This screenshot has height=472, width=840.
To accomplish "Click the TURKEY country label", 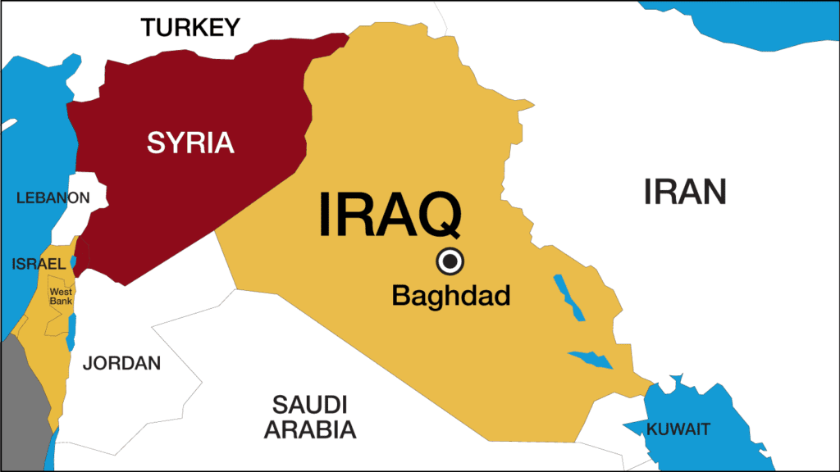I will (189, 28).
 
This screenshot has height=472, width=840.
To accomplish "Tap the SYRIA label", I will (190, 143).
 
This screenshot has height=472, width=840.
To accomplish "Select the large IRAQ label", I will (389, 214).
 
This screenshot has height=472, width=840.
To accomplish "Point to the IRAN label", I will (685, 192).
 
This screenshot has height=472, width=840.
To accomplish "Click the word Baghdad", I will (450, 295).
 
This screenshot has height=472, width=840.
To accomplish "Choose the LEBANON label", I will (52, 197).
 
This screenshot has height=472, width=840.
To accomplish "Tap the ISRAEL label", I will (38, 264).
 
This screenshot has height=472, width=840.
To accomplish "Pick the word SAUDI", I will (310, 404).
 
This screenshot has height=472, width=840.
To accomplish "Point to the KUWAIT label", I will (678, 429).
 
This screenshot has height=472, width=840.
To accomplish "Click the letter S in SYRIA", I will (155, 143).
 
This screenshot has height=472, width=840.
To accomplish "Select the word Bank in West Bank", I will (61, 302).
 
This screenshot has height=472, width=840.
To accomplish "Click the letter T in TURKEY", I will (148, 28).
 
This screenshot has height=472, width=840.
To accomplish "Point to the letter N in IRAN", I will (714, 192).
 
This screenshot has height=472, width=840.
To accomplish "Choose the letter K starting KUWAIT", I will (651, 429).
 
